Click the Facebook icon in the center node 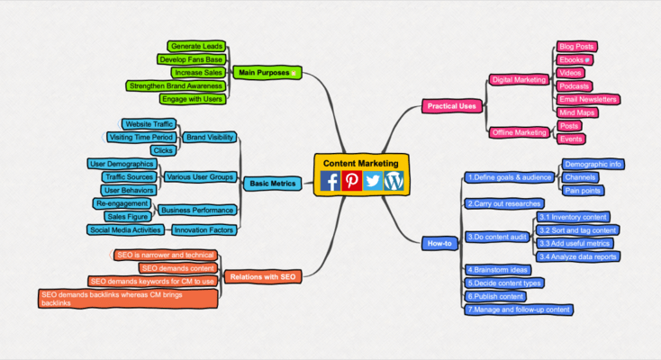[x=330, y=181]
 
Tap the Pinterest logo [x=351, y=181]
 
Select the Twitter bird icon [x=373, y=181]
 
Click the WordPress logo [x=394, y=181]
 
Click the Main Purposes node [x=267, y=73]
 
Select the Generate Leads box [x=196, y=46]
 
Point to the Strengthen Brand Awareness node [x=176, y=86]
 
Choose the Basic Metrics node [x=273, y=184]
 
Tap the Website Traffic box [x=149, y=124]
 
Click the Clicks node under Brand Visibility [x=163, y=150]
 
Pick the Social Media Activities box [x=125, y=229]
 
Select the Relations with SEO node [x=263, y=277]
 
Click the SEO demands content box [x=178, y=268]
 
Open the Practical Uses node [x=451, y=106]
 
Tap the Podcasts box [x=574, y=86]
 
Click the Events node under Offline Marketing [x=571, y=139]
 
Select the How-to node [x=439, y=243]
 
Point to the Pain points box [x=583, y=191]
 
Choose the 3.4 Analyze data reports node [x=577, y=256]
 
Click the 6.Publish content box [x=495, y=296]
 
